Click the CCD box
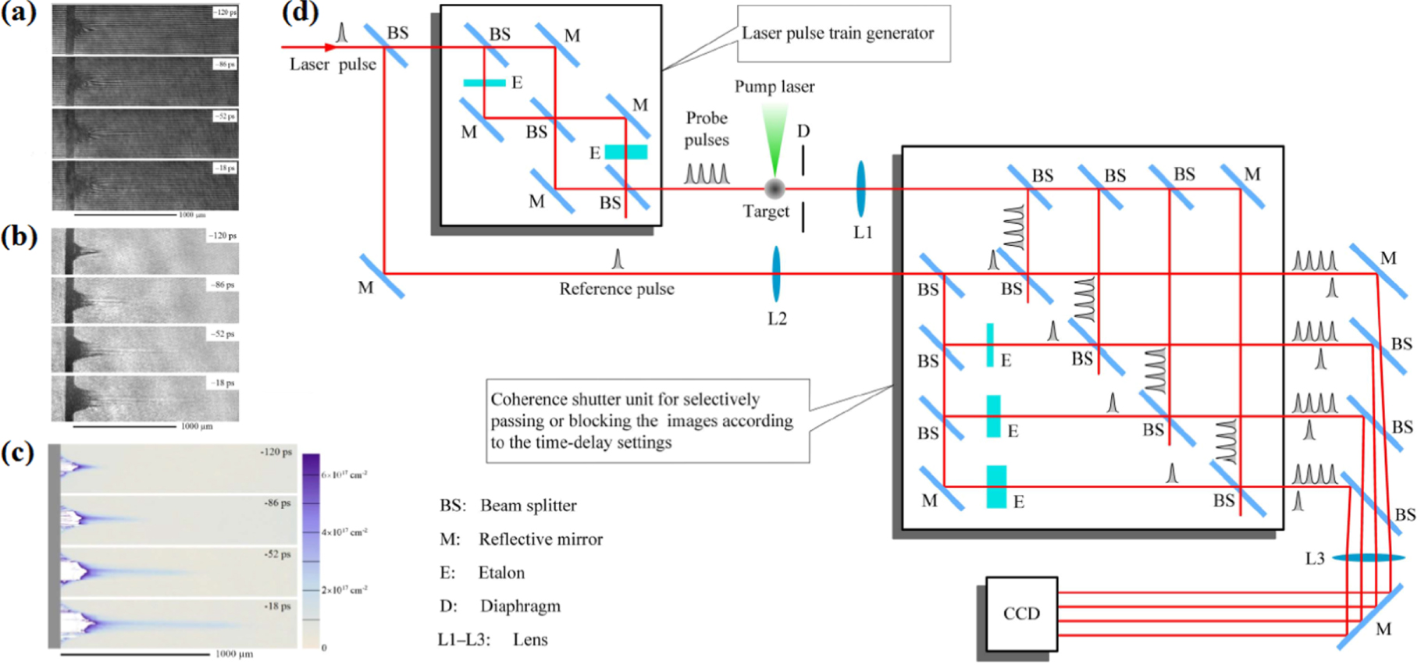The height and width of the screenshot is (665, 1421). [1020, 613]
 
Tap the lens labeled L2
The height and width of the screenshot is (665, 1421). [776, 274]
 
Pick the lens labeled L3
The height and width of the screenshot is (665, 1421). [1367, 557]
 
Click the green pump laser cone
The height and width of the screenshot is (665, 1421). [775, 137]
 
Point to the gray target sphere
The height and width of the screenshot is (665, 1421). [775, 188]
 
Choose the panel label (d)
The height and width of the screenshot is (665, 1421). [300, 12]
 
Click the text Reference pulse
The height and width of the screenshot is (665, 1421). [616, 289]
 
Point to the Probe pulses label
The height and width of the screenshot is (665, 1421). [707, 129]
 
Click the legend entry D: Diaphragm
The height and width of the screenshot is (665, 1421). [500, 606]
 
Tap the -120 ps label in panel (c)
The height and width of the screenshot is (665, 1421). [276, 452]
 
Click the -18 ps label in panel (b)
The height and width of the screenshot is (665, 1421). [222, 383]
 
